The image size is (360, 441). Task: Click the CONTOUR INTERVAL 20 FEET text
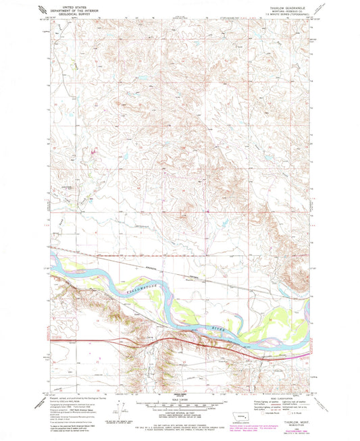click(x=180, y=413)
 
